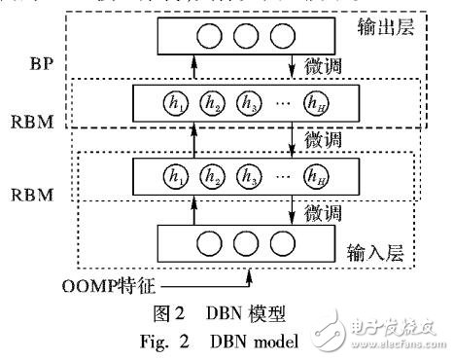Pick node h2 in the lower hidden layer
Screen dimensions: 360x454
212,177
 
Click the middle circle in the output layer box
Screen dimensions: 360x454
232,37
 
